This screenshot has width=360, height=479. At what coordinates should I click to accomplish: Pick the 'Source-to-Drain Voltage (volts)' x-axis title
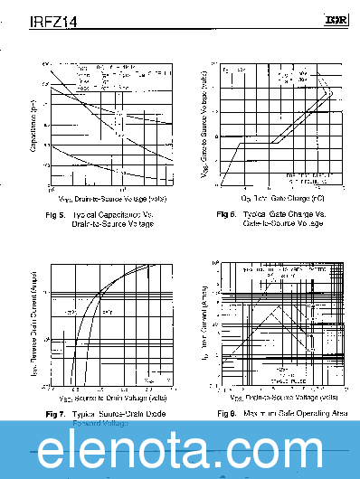coord(113,398)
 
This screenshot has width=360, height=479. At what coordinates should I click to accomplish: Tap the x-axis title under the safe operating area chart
coord(284,397)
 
